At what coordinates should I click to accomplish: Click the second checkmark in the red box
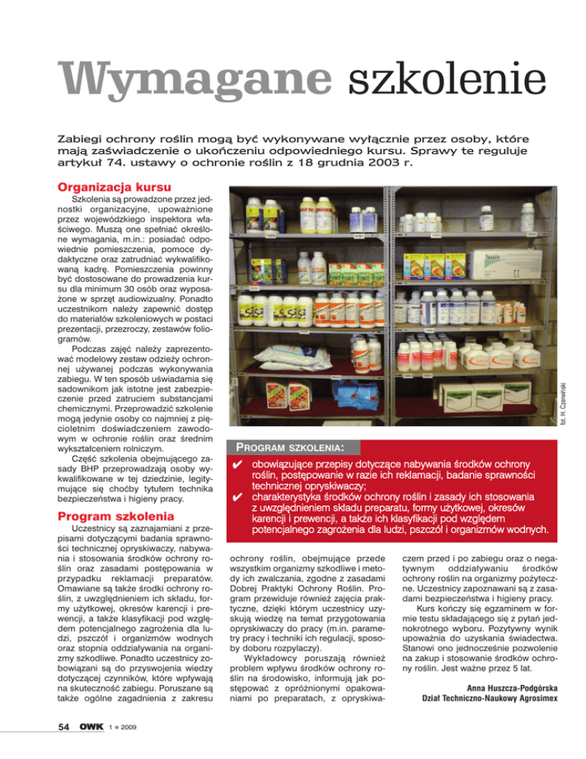[x=238, y=499]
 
